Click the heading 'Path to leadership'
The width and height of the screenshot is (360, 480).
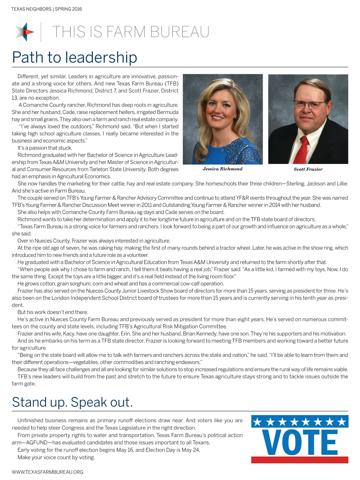[x=75, y=57]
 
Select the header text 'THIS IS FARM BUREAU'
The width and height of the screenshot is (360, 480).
[x=131, y=32]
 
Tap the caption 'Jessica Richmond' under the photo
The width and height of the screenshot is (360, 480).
[x=223, y=169]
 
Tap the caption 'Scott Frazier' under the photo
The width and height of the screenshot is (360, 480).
[x=308, y=169]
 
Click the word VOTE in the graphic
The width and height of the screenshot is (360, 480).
[x=300, y=443]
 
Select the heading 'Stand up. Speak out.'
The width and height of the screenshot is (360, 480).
[x=72, y=402]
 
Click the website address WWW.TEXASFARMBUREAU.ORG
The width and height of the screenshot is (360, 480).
[x=47, y=472]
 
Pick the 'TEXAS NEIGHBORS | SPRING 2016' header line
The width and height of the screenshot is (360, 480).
[x=46, y=9]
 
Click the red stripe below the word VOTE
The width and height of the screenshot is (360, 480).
[x=300, y=460]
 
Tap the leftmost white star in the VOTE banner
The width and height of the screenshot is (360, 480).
[x=258, y=422]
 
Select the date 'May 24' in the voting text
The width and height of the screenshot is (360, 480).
[x=190, y=450]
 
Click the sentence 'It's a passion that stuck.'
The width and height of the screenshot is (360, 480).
[x=45, y=148]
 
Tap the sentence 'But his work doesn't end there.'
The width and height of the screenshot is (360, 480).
[x=53, y=312]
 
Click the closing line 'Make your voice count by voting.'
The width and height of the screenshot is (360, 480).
[x=56, y=457]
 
